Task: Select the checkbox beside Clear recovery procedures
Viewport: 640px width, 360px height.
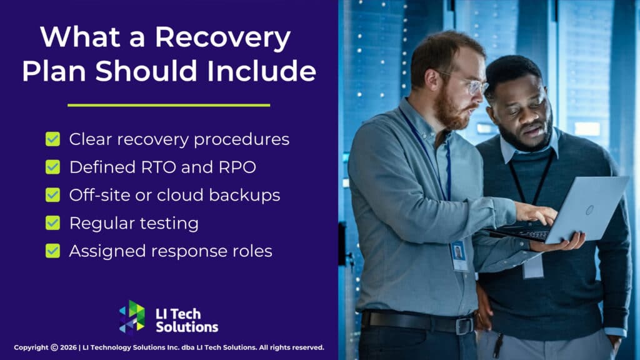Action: click(x=53, y=139)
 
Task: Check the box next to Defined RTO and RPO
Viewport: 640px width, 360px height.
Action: click(x=53, y=167)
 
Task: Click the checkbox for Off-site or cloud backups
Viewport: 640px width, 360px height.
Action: click(x=53, y=195)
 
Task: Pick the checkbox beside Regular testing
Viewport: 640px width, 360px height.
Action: click(x=53, y=222)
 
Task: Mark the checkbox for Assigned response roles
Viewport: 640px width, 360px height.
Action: click(x=53, y=251)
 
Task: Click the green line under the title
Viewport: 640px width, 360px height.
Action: click(x=169, y=105)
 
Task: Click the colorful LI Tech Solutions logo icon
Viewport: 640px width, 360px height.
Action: click(x=132, y=317)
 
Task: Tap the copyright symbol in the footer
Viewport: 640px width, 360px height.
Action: click(x=54, y=347)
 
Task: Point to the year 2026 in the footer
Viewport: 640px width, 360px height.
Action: click(x=69, y=347)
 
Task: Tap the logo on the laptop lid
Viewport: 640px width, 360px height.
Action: click(x=589, y=210)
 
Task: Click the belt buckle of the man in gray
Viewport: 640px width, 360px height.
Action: click(x=464, y=325)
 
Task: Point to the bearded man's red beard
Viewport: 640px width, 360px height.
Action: click(x=449, y=112)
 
